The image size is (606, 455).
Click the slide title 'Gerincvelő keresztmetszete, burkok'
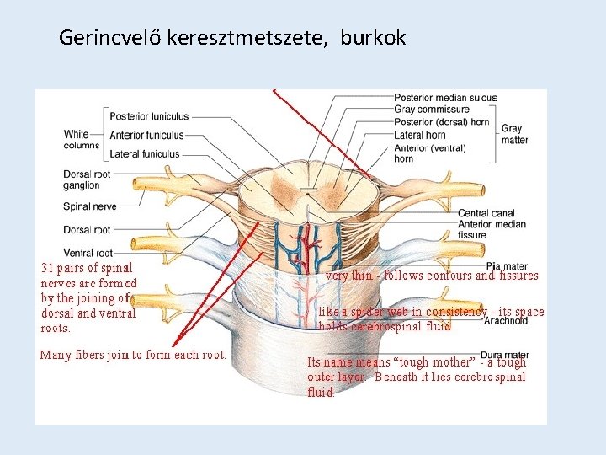(x=232, y=38)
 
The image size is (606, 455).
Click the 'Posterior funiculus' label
(x=149, y=116)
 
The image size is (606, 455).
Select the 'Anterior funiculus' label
(x=147, y=135)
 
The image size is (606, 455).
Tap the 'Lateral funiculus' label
(x=144, y=154)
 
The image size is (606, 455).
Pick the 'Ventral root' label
(x=88, y=252)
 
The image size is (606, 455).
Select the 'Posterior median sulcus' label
(x=445, y=98)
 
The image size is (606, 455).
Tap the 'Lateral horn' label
(x=420, y=134)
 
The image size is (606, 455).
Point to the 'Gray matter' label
(x=514, y=135)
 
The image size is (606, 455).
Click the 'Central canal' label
(x=486, y=213)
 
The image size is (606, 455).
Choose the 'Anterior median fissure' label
(x=492, y=229)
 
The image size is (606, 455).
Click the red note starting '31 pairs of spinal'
(x=89, y=298)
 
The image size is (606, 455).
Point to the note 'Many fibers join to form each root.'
(x=133, y=355)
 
